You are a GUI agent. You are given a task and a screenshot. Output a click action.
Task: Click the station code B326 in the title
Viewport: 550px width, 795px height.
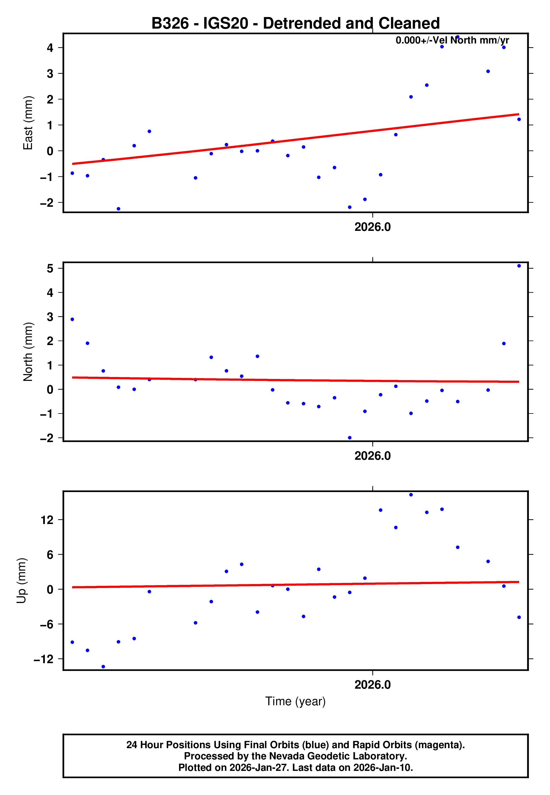pos(170,24)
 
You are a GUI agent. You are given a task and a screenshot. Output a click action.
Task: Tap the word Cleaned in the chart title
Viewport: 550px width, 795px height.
pos(409,24)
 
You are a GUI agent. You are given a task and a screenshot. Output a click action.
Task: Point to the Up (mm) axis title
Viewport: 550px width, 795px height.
pos(21,581)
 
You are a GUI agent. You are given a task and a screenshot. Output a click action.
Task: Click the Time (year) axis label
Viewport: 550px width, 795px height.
pos(295,701)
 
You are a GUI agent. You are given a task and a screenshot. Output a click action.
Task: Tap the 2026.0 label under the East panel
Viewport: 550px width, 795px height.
pos(373,227)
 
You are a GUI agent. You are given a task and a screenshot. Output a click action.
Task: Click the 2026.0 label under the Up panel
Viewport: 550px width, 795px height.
pos(373,685)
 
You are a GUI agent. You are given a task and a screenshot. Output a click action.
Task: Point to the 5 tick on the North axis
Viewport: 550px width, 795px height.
pos(50,268)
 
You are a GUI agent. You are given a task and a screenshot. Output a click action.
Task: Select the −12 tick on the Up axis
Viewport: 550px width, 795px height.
pos(44,659)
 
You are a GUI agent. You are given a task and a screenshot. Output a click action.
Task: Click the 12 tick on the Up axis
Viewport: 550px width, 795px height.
pos(47,520)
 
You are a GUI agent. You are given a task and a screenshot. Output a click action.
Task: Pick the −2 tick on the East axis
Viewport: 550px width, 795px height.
pos(47,203)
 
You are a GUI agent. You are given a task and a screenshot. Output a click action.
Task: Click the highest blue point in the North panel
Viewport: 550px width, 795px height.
pos(519,266)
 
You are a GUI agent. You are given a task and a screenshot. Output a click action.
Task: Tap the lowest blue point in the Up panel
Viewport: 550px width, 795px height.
pos(103,667)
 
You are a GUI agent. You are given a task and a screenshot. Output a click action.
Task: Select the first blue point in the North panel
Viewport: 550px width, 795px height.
pos(72,319)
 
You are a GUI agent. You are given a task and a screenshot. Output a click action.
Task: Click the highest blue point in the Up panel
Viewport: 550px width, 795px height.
pos(411,495)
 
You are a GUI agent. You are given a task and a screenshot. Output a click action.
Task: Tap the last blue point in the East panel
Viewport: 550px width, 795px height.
pos(519,119)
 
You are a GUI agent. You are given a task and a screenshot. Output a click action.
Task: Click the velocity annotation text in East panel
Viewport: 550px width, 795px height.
pos(452,40)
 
